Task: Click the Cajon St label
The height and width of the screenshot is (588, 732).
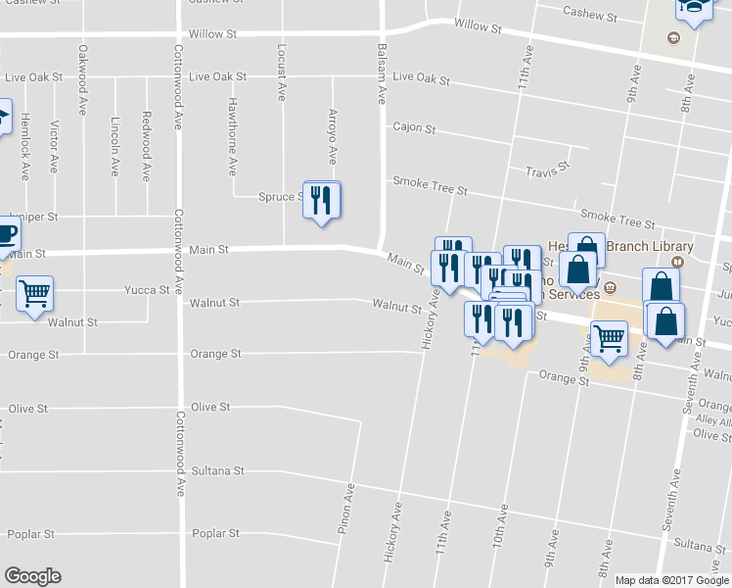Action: pos(414,128)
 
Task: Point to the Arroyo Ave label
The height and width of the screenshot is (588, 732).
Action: pos(333,136)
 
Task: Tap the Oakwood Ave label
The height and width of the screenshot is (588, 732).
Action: pos(83,72)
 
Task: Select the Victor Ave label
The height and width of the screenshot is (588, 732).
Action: pos(55,144)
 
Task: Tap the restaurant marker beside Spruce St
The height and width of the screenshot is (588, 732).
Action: pos(322,202)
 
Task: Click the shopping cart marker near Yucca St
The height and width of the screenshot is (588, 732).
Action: pos(34,294)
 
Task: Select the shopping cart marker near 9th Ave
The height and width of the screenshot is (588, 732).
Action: pos(609,339)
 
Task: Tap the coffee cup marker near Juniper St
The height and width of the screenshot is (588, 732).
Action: pos(5,235)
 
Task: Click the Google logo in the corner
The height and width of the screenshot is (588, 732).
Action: pos(32,576)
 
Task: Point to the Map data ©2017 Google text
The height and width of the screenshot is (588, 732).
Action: pos(672,580)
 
